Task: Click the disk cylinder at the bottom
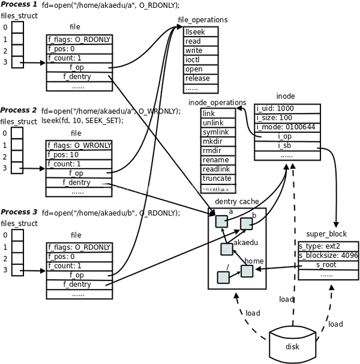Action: pos(292,344)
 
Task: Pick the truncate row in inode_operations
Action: pos(217,179)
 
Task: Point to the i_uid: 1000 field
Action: pos(275,109)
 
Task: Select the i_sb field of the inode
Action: pos(285,146)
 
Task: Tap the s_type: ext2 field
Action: pos(319,246)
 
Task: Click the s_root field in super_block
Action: pos(326,264)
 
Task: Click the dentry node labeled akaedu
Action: pos(227,248)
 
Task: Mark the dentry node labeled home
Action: pos(247,270)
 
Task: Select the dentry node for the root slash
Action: pos(223,278)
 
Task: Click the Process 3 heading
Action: pos(19,212)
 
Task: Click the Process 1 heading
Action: pos(19,5)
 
